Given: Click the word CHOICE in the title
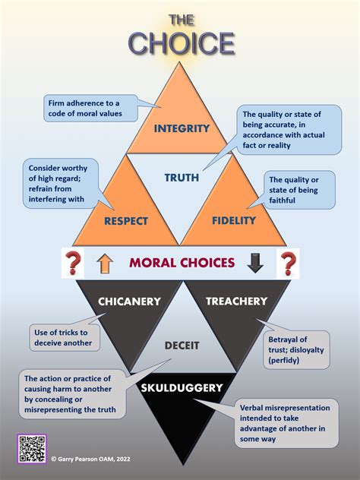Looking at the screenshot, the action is (x=182, y=43).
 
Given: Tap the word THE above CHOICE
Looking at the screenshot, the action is (x=182, y=20).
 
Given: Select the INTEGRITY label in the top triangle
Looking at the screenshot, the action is (x=182, y=128).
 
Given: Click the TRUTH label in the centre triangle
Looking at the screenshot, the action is (x=182, y=178).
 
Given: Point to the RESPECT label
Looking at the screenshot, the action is (x=126, y=221).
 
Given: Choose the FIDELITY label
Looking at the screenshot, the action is (x=234, y=220).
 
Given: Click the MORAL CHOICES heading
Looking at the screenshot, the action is (x=182, y=263).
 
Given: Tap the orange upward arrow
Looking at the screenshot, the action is (x=105, y=264).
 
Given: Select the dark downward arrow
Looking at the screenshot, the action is (x=255, y=263).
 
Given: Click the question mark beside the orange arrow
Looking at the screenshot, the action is (x=73, y=263).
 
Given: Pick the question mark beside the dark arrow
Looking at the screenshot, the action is (x=288, y=263).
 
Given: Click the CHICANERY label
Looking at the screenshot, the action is (x=129, y=302).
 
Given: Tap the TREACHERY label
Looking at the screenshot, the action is (x=237, y=302).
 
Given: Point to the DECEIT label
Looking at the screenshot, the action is (x=182, y=346).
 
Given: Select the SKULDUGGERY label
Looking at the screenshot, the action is (x=182, y=388).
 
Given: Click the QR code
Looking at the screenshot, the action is (x=32, y=449).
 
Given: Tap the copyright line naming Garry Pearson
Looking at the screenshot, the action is (x=90, y=459).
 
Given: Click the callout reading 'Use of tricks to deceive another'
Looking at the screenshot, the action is (x=65, y=338).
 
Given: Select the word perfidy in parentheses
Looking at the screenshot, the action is (x=284, y=360).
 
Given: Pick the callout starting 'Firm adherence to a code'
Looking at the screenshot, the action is (x=91, y=109).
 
